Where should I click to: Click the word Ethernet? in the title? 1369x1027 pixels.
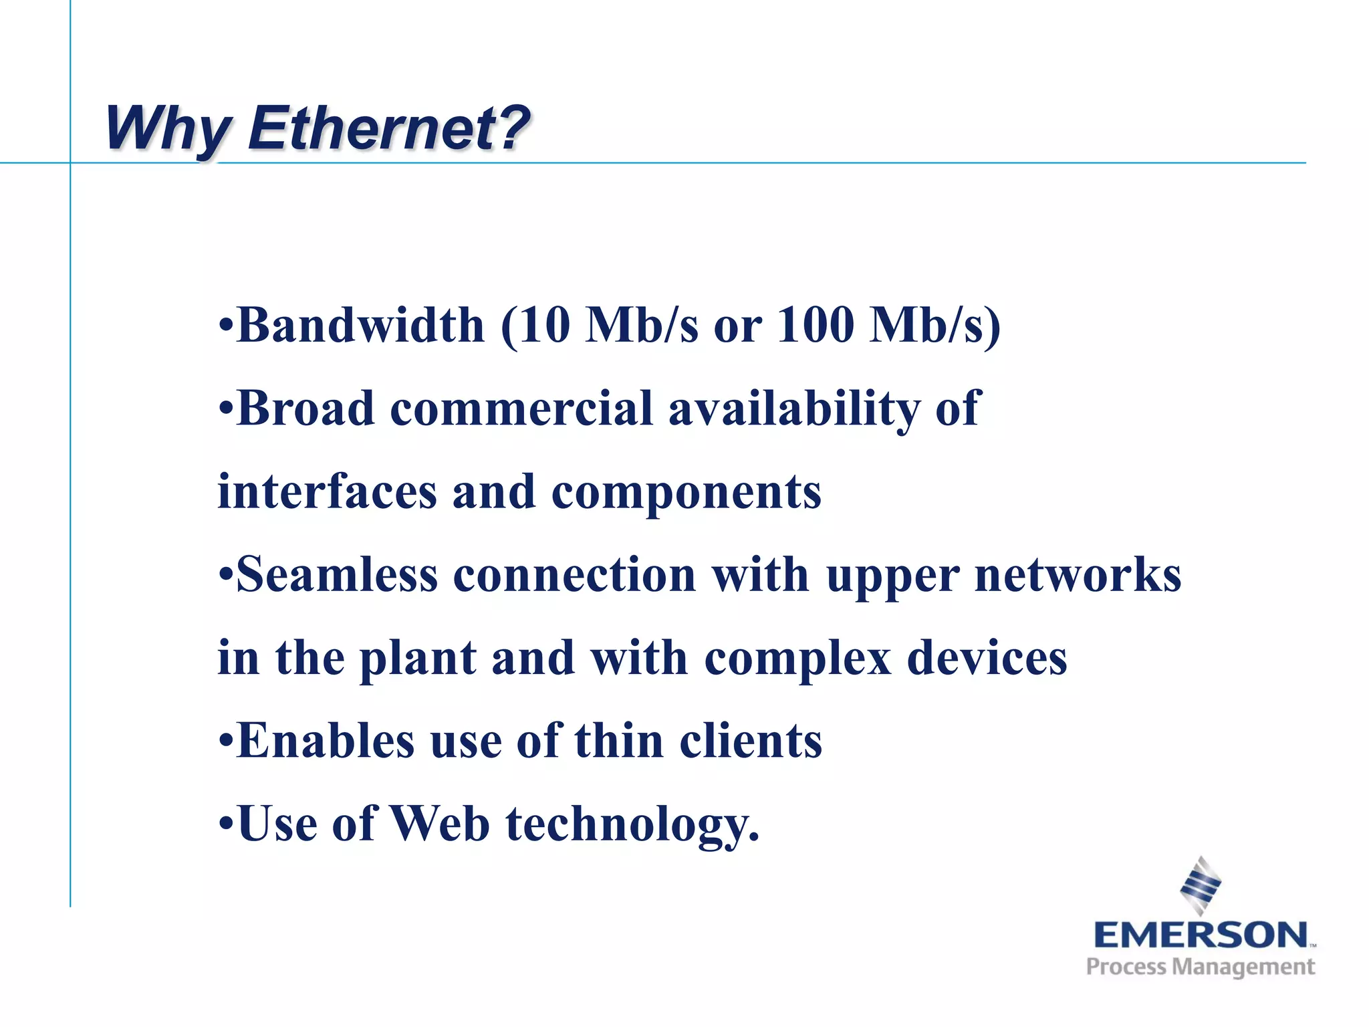tap(388, 128)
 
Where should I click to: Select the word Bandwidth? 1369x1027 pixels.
tap(360, 326)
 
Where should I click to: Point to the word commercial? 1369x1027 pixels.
tap(521, 409)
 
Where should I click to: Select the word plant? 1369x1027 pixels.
tap(418, 659)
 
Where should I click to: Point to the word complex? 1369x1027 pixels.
tap(798, 659)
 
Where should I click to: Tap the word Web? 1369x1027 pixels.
tap(440, 824)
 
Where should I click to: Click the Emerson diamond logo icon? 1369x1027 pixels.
tap(1201, 885)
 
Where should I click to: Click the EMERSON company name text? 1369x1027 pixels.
tap(1201, 935)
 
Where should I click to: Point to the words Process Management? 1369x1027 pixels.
tap(1201, 967)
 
